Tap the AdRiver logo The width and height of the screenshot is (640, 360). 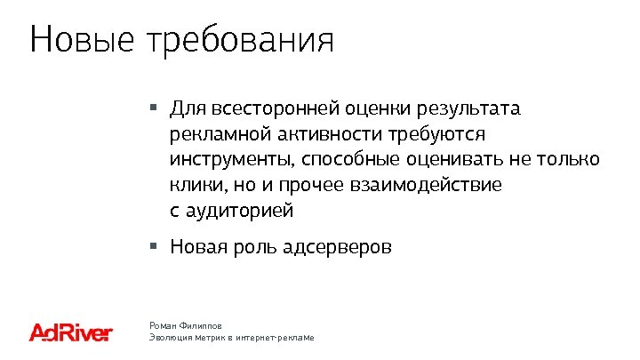click(71, 332)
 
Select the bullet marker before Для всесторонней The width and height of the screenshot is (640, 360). click(153, 108)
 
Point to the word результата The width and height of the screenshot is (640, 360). click(473, 109)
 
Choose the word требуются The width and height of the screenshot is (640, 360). click(436, 135)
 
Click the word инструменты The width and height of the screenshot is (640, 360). click(232, 161)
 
